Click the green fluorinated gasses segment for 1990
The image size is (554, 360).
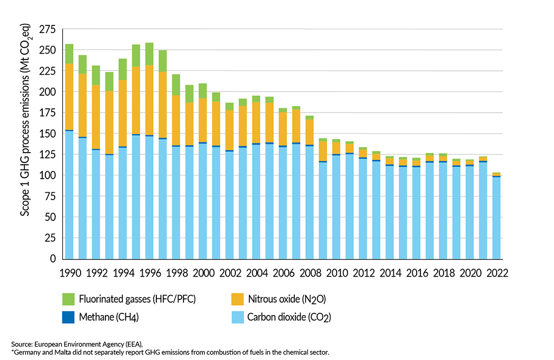point(69,54)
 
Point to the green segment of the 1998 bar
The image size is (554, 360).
point(176,85)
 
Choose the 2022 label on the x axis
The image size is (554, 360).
point(496,273)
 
